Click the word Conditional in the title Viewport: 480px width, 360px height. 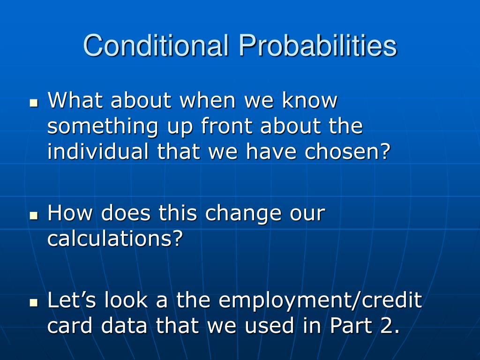(156, 45)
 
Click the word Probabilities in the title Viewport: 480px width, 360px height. (318, 45)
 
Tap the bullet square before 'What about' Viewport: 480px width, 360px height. (34, 103)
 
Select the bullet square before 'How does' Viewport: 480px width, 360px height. (34, 216)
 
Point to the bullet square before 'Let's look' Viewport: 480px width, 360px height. (34, 302)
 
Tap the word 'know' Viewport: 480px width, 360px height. (309, 100)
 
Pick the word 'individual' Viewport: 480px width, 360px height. (97, 151)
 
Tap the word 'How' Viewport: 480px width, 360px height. (70, 213)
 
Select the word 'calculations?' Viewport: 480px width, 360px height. (115, 238)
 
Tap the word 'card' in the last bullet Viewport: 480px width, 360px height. (70, 325)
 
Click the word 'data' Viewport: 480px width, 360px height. (124, 325)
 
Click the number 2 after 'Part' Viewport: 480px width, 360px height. (387, 325)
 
